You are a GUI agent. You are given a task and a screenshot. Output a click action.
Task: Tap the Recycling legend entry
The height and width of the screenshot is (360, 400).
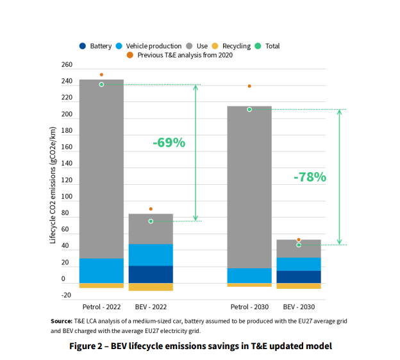[236, 46]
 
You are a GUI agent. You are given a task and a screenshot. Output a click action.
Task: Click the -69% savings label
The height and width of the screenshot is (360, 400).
[169, 142]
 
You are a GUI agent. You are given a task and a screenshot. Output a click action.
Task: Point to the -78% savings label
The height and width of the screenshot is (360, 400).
[310, 177]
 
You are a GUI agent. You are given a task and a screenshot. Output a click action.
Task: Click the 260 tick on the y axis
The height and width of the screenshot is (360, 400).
[67, 65]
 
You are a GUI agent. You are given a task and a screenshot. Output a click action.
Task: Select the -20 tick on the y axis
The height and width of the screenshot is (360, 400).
[65, 296]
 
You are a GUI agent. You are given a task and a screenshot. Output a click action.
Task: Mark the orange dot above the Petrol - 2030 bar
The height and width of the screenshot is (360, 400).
[249, 86]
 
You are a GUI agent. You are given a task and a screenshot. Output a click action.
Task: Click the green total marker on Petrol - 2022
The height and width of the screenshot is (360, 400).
[101, 85]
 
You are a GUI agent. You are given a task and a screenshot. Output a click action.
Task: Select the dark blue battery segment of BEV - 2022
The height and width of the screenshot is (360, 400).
[151, 274]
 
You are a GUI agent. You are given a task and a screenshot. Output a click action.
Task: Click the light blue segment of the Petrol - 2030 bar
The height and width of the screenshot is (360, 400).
[249, 275]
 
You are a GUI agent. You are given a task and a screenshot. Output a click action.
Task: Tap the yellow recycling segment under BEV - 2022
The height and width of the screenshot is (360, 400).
[151, 287]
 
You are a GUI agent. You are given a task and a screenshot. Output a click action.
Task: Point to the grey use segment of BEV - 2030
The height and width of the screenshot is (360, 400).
[299, 249]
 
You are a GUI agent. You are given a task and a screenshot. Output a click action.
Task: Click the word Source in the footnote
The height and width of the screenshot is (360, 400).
[62, 321]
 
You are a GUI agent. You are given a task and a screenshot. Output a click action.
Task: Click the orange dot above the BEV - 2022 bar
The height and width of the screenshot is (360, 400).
[151, 209]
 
